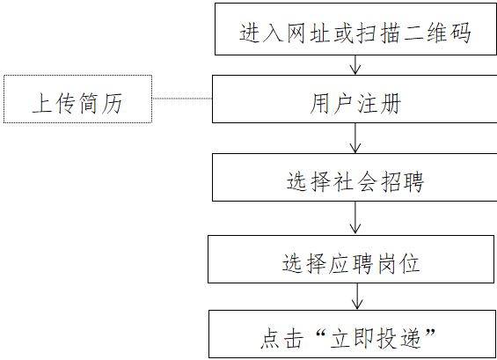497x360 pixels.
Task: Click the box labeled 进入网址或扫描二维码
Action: [x=355, y=31]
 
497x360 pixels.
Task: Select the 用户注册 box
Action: [x=355, y=102]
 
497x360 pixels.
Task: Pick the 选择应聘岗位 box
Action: [x=352, y=261]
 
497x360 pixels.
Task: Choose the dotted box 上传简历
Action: [x=77, y=102]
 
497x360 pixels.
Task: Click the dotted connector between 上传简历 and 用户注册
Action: [x=182, y=99]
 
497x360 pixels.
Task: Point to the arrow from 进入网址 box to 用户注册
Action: [x=355, y=66]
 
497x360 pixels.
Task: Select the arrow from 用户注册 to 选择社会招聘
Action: [x=355, y=138]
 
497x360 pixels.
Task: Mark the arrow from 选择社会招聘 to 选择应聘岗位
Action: [x=355, y=218]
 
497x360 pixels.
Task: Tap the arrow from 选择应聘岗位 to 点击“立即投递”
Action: [x=355, y=298]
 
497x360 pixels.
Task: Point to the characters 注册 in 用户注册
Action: [x=379, y=103]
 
